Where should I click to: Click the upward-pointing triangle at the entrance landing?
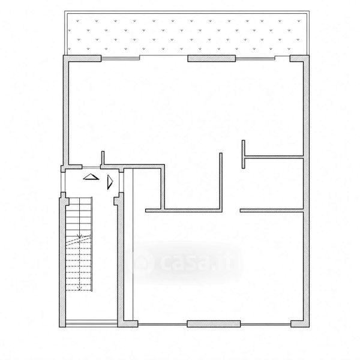[91, 177]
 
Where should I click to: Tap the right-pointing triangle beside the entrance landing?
[110, 182]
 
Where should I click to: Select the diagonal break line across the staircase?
[79, 241]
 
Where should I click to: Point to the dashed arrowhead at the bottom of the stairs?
[79, 287]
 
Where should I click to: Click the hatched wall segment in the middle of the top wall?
[212, 58]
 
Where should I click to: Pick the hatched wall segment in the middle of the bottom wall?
[214, 324]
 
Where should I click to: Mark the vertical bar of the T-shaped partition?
[244, 154]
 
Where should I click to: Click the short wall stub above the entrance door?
[103, 158]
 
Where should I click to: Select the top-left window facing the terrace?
[121, 58]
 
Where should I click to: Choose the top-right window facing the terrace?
[256, 59]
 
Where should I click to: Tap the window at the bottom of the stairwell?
[91, 324]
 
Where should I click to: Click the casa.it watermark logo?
[184, 262]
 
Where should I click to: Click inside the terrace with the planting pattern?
[187, 34]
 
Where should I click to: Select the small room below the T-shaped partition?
[273, 183]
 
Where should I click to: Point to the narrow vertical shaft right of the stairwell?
[128, 245]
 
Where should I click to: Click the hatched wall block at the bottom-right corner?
[299, 323]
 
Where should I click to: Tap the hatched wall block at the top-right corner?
[299, 58]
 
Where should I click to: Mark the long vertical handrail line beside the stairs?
[92, 244]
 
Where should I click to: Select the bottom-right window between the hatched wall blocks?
[266, 324]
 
